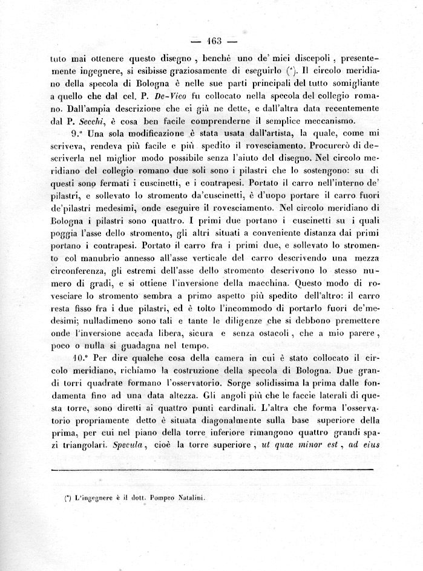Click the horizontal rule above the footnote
coord(212,469)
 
